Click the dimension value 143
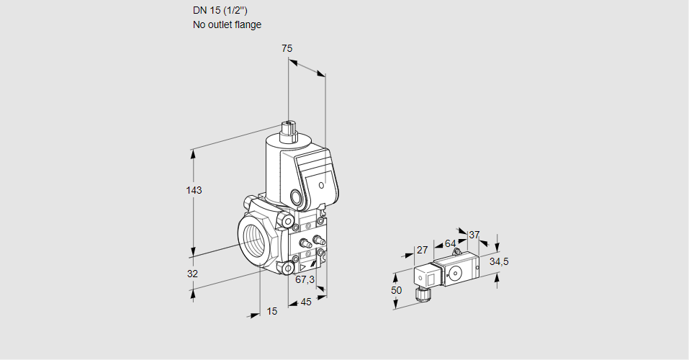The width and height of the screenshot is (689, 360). [x=194, y=190]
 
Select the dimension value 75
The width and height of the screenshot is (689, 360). [x=287, y=48]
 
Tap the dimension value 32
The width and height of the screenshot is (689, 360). [x=192, y=274]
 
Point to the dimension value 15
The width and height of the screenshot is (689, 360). [x=271, y=311]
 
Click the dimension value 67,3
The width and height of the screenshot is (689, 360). [x=305, y=279]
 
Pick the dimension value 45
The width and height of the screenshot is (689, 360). [x=305, y=302]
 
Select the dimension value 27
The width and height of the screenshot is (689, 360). [x=423, y=250]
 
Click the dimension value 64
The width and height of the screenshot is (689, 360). [x=450, y=243]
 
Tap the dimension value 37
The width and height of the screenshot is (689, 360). [x=474, y=235]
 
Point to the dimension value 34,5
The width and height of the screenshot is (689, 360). [x=499, y=261]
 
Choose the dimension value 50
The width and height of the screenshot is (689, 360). [x=397, y=290]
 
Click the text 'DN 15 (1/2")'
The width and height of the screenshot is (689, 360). [x=219, y=10]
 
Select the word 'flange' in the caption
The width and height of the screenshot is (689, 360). [x=248, y=24]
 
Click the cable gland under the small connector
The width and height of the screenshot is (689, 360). [x=422, y=294]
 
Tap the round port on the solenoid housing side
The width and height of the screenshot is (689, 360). [x=297, y=197]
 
